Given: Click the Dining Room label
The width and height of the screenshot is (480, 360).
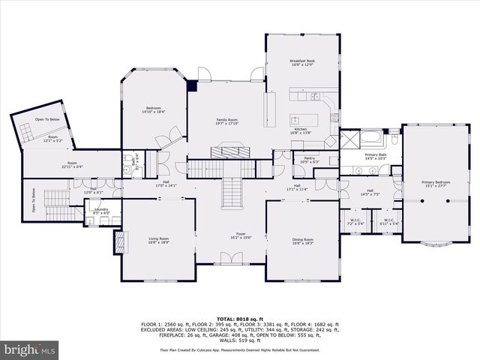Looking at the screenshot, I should tap(303, 240).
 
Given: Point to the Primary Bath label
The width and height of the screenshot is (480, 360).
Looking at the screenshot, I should tap(375, 155).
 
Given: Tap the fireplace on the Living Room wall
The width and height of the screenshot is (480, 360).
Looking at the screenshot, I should tap(118, 240).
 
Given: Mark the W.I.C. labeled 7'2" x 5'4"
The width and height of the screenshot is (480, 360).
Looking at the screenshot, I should tap(355, 221).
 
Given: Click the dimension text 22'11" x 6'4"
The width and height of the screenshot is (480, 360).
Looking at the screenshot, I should tap(72, 166).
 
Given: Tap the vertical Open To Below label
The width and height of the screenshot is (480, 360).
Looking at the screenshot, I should tap(34, 200).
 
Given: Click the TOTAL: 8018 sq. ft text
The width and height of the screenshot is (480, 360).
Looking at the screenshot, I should tap(240, 319).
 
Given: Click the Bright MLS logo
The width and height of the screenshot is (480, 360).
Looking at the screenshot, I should tap(30, 349).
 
